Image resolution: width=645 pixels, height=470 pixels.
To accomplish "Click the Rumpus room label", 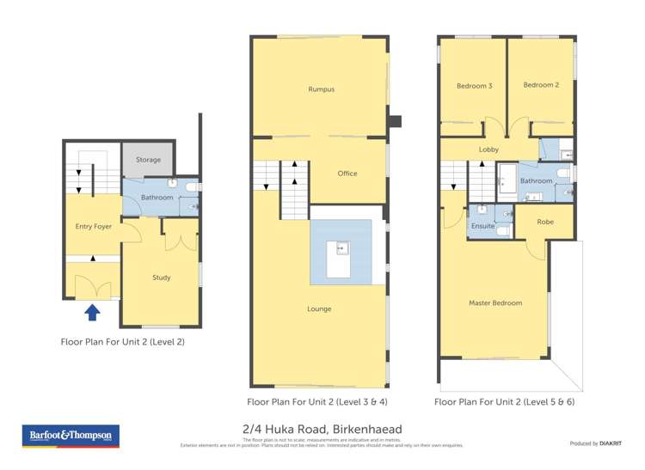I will (321, 89).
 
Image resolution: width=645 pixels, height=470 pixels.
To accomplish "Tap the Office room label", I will (347, 174).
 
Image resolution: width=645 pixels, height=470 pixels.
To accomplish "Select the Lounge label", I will (319, 309).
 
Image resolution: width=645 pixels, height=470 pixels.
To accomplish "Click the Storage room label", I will (148, 160).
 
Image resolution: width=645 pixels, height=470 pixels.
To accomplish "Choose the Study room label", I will (161, 278).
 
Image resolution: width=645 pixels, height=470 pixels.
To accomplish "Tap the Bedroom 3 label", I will (474, 86).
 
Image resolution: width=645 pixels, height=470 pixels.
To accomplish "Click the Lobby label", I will (489, 150).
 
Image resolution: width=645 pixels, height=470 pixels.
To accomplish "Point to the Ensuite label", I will (483, 226).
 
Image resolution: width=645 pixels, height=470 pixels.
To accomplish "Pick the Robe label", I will (545, 222).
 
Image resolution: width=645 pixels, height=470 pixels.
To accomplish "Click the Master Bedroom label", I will (495, 302).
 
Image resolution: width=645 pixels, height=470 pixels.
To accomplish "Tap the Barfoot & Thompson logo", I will (71, 436).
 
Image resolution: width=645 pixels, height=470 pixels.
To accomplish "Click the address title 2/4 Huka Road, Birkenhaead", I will (322, 430).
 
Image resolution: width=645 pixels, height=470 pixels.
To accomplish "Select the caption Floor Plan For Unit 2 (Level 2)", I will (122, 342).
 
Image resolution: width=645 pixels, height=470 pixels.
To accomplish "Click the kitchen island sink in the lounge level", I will (342, 249).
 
